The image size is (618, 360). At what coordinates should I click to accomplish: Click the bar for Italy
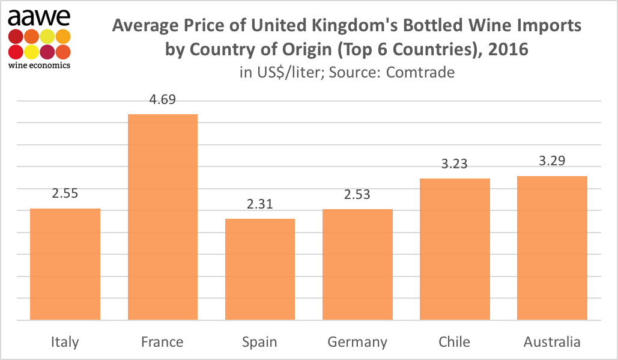coord(65,264)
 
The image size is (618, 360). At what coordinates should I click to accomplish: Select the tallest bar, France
coord(162,217)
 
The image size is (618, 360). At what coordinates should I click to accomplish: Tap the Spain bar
coord(259,269)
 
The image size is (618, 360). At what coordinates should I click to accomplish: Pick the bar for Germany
coord(357,264)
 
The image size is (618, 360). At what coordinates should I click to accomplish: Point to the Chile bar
coord(455,249)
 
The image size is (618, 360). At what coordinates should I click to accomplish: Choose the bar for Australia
coord(552,248)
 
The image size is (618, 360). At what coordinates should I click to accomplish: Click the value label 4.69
coord(162,100)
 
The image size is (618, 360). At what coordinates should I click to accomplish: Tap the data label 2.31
coord(259,204)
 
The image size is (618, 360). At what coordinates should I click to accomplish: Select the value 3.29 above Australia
coord(552,161)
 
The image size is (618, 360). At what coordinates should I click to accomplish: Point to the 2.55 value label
coord(65,194)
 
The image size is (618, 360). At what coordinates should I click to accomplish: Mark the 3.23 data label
coord(455,164)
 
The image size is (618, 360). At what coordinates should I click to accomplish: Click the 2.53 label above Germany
coord(357,195)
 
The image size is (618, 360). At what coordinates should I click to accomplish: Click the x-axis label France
coord(162,342)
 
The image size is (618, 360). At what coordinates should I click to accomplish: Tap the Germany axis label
coord(357,343)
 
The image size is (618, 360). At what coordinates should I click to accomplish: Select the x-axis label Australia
coord(552,342)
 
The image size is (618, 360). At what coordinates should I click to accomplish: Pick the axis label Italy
coord(65,343)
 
